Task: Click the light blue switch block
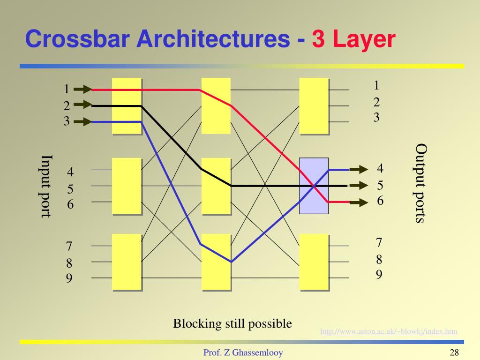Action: tap(314, 186)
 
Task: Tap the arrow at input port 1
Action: tap(83, 89)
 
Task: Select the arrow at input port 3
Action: tap(83, 122)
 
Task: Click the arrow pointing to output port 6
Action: tap(358, 202)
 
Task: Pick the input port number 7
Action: tap(69, 246)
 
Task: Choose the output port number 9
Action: tap(379, 274)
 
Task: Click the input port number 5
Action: tap(70, 189)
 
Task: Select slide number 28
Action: tap(454, 353)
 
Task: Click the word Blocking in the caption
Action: tap(191, 323)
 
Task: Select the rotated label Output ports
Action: tap(420, 184)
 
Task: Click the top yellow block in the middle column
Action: tap(216, 105)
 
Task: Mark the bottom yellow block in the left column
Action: tap(127, 262)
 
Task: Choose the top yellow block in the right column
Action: tap(314, 105)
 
